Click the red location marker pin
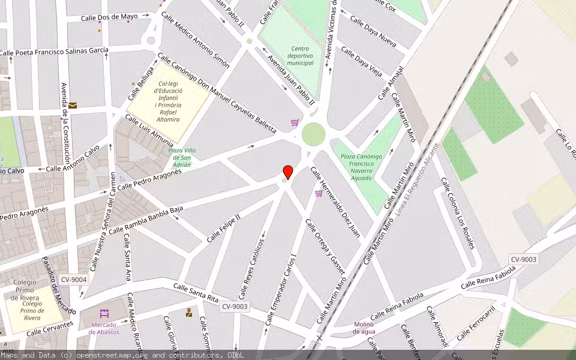coord(288,172)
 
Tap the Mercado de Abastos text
coord(104,328)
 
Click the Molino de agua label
coord(364,328)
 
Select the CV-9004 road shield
coord(74,280)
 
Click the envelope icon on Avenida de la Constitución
coord(73,106)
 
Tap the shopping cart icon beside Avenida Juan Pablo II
coord(295,122)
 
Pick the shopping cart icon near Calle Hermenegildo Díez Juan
coord(319,193)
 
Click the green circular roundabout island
coord(313,134)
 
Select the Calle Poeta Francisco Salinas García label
coord(54,52)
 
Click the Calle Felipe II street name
coord(223,229)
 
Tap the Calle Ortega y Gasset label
coord(326,247)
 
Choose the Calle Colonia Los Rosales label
coord(458,213)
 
